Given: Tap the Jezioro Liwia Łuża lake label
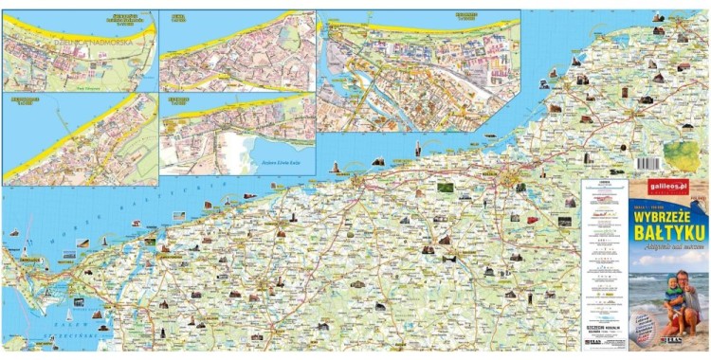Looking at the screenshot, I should [x=281, y=164].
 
